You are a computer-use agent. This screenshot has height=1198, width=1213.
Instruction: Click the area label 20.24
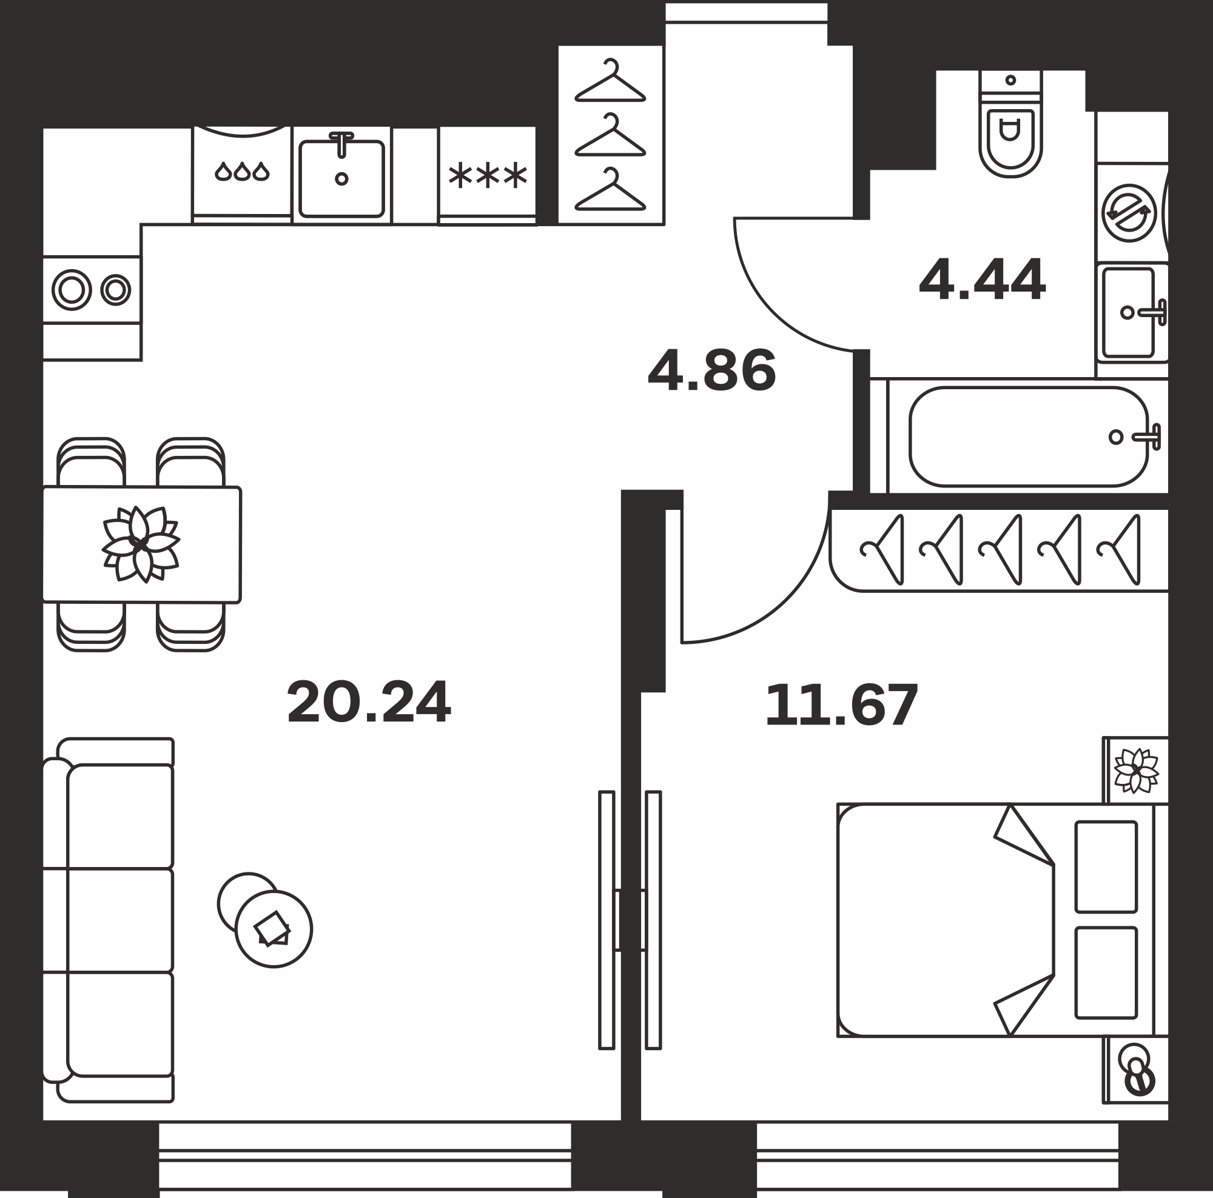click(x=369, y=701)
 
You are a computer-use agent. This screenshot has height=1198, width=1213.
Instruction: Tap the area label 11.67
click(x=841, y=704)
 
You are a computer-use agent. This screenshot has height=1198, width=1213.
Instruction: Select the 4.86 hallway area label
click(x=712, y=370)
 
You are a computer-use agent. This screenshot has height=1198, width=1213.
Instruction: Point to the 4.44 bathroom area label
click(x=982, y=279)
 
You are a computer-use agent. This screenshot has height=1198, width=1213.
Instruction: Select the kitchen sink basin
click(x=341, y=178)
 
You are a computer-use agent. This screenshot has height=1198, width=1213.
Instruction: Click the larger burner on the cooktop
click(x=72, y=290)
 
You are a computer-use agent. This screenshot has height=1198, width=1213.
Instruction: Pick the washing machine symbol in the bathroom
click(x=1129, y=213)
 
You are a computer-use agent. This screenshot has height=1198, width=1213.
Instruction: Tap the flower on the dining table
click(x=141, y=544)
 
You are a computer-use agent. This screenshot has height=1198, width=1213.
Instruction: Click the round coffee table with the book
click(x=274, y=929)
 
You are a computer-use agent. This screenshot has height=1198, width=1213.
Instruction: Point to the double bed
click(x=1003, y=920)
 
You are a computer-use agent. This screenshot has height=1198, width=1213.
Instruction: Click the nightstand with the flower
click(x=1137, y=771)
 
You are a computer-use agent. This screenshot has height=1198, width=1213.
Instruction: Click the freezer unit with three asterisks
click(x=487, y=175)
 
